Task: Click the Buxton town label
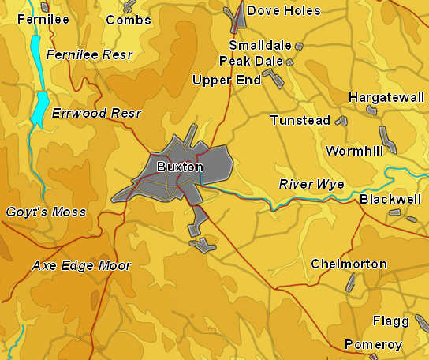coord(180,167)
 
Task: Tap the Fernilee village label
coord(43,19)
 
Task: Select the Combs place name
coord(128,19)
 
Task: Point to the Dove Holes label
coord(284,10)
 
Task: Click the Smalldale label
coord(260,45)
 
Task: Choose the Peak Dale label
coord(251,61)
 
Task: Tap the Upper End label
coord(226,80)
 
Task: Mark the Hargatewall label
coord(386,97)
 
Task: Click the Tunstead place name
coord(300,120)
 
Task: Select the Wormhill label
coord(354,150)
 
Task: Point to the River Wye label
coord(311,184)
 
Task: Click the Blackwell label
coord(390,199)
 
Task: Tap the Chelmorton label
coord(349,264)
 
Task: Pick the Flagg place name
coord(391,321)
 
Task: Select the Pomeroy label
coord(373,344)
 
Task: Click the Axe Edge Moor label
coord(81,265)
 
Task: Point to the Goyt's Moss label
coord(46,212)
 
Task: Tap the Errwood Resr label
coord(96,113)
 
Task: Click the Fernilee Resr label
coord(89,54)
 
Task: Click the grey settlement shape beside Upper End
coord(273,77)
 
